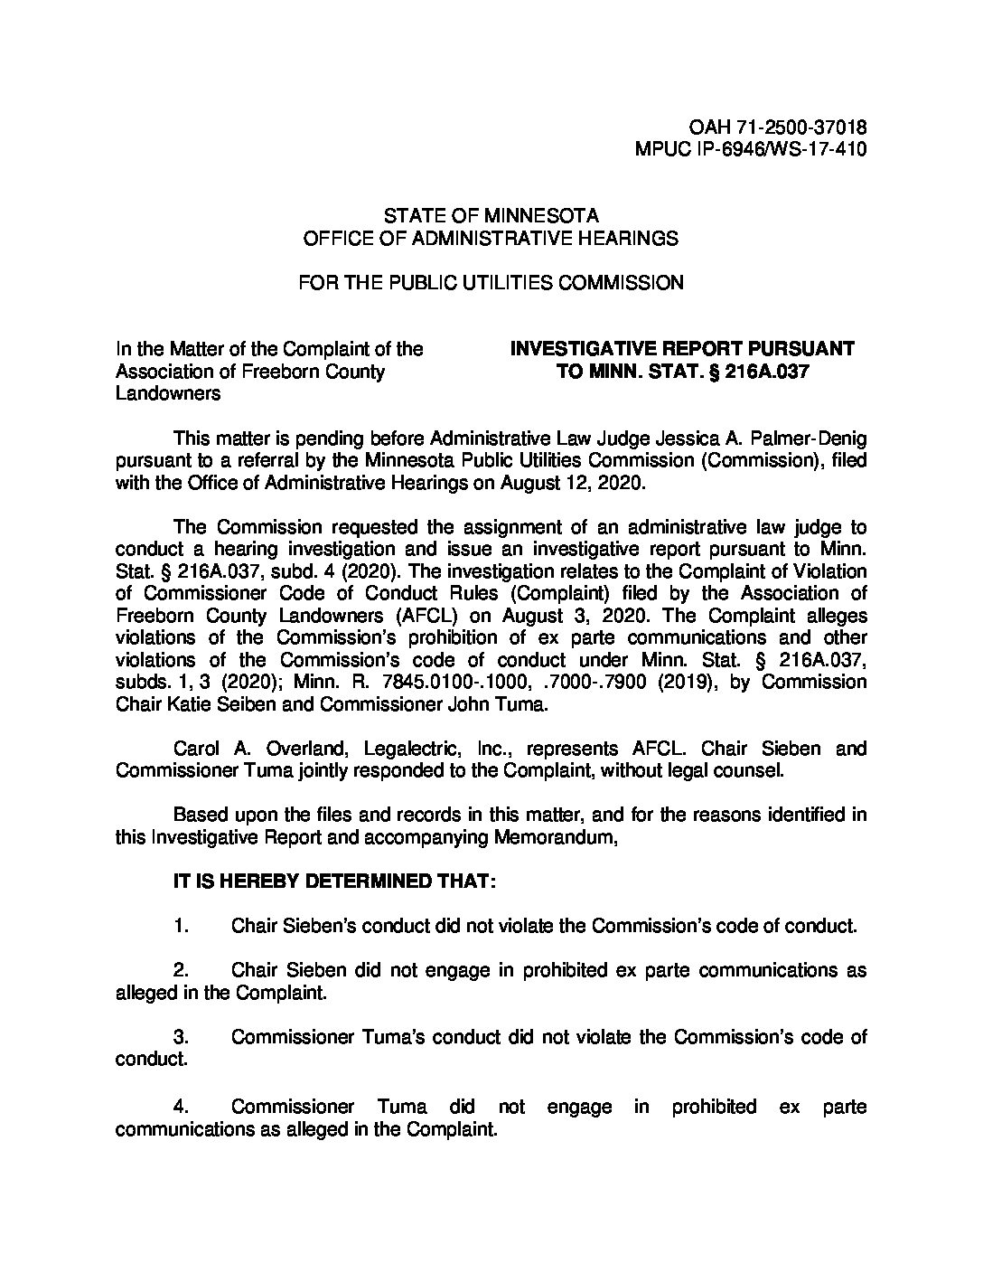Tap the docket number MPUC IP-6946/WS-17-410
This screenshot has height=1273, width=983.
[x=752, y=150]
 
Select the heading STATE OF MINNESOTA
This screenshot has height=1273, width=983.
[x=491, y=216]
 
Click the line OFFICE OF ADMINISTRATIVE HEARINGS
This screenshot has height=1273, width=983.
[x=491, y=238]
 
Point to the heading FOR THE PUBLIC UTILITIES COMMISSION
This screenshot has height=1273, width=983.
[x=491, y=282]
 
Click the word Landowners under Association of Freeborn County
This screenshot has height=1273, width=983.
[x=168, y=394]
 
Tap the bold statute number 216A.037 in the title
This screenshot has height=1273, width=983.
[x=764, y=372]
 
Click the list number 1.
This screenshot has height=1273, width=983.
[x=181, y=926]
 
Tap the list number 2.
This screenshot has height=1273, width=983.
[x=181, y=970]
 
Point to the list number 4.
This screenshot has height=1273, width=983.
[x=181, y=1107]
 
